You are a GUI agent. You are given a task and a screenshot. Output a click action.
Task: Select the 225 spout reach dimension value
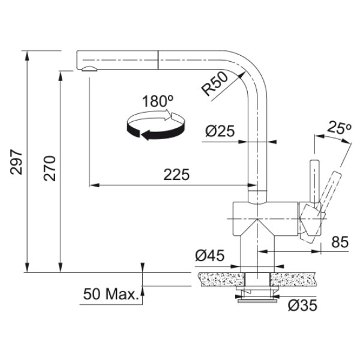(177, 175)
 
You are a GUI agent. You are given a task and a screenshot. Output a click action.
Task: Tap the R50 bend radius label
(214, 84)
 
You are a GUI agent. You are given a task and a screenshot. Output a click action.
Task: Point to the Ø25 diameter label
(218, 131)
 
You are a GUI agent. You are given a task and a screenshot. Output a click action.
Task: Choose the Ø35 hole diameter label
(301, 305)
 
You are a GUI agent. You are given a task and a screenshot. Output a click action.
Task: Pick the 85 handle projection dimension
(340, 243)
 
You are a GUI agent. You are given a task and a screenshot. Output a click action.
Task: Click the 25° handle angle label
(339, 128)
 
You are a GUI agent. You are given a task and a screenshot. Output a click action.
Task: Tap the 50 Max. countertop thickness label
(110, 295)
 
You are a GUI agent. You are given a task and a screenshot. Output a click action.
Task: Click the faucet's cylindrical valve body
(264, 219)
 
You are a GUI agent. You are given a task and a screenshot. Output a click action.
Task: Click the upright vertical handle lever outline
(313, 180)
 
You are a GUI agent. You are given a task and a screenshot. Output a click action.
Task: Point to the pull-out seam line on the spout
(158, 61)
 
